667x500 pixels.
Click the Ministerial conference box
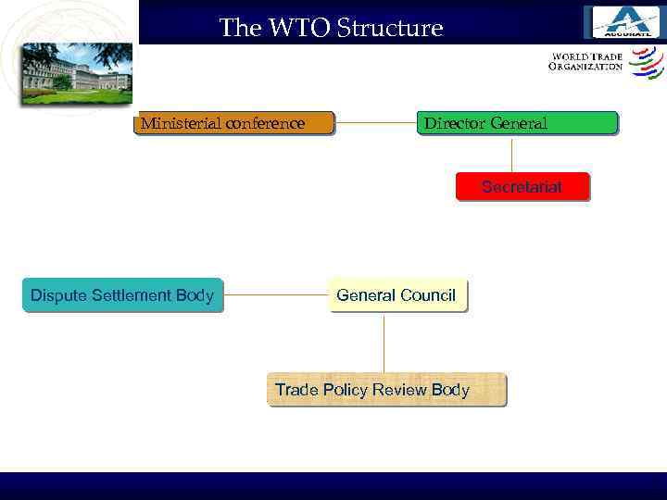tap(233, 123)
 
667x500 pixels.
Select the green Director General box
tap(520, 123)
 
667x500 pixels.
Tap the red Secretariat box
tap(522, 187)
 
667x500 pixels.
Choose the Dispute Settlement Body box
tap(122, 295)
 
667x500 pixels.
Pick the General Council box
tap(396, 295)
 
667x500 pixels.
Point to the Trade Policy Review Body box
tap(386, 390)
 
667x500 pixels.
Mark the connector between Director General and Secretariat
tap(511, 154)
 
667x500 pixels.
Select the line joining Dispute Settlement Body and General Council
tap(275, 295)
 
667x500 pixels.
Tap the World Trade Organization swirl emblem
tap(646, 63)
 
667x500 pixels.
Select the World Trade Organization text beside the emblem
tap(586, 62)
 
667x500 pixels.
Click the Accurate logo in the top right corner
tap(624, 21)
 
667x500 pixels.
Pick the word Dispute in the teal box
tap(56, 295)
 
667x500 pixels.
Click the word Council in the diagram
tap(427, 295)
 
